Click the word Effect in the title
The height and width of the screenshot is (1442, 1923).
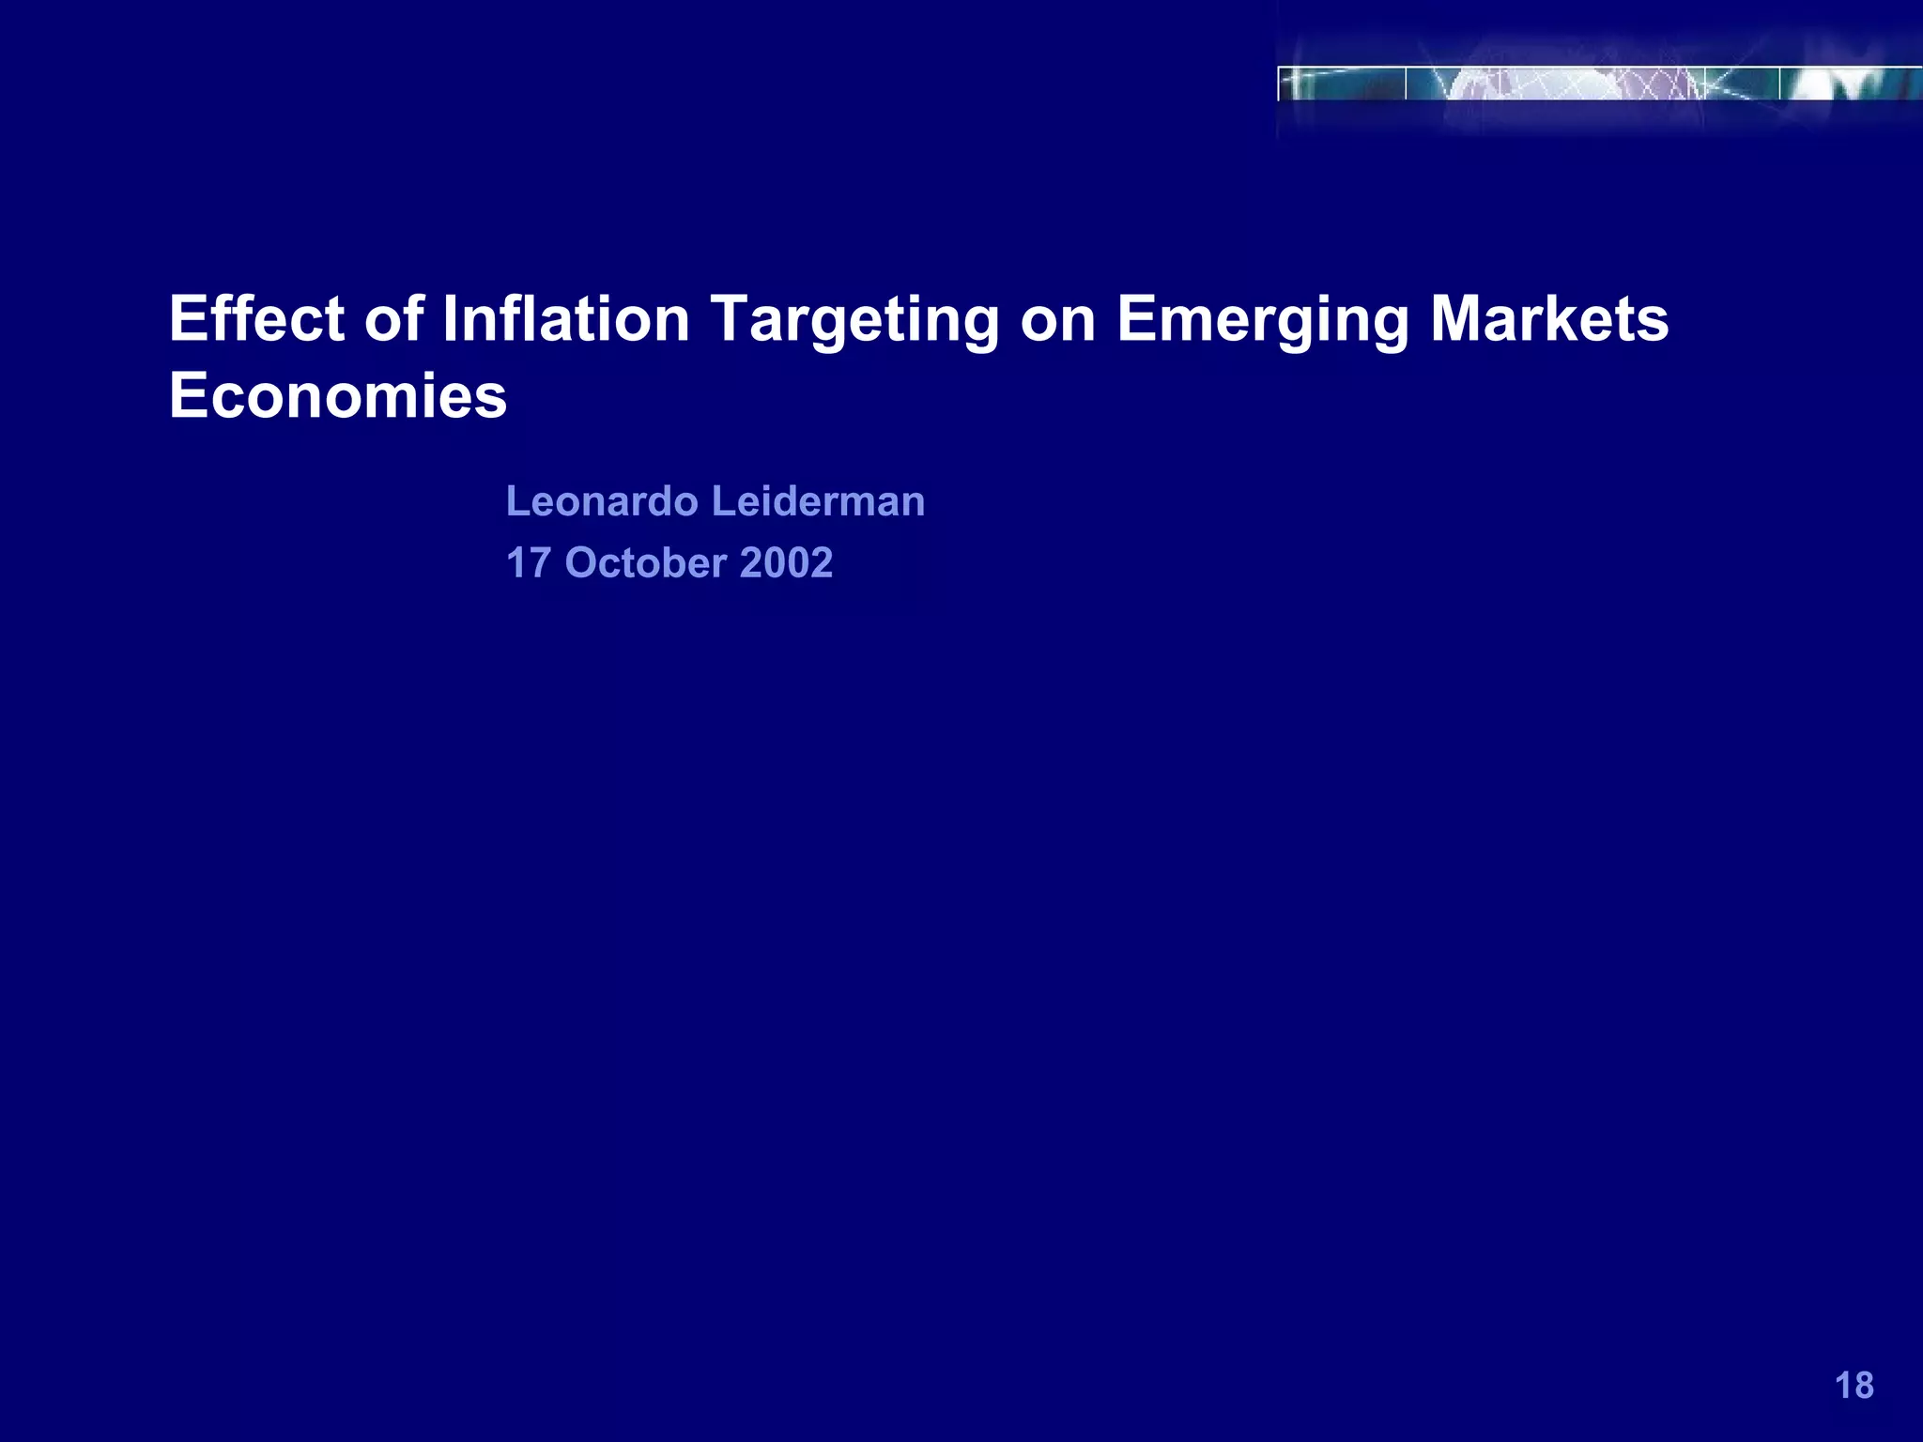pos(256,319)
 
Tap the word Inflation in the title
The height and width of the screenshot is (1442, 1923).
pos(566,319)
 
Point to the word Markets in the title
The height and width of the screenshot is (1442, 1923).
pos(1549,319)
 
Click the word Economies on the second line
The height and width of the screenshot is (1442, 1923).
pos(338,396)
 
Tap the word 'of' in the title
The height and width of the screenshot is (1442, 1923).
pos(394,319)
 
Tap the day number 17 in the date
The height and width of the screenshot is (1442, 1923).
pos(529,563)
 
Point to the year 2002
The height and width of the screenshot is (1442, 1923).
pos(787,563)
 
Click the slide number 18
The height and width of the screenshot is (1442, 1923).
pos(1854,1386)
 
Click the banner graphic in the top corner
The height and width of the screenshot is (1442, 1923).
pos(1596,84)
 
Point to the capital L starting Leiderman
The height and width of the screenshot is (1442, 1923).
pos(720,501)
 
